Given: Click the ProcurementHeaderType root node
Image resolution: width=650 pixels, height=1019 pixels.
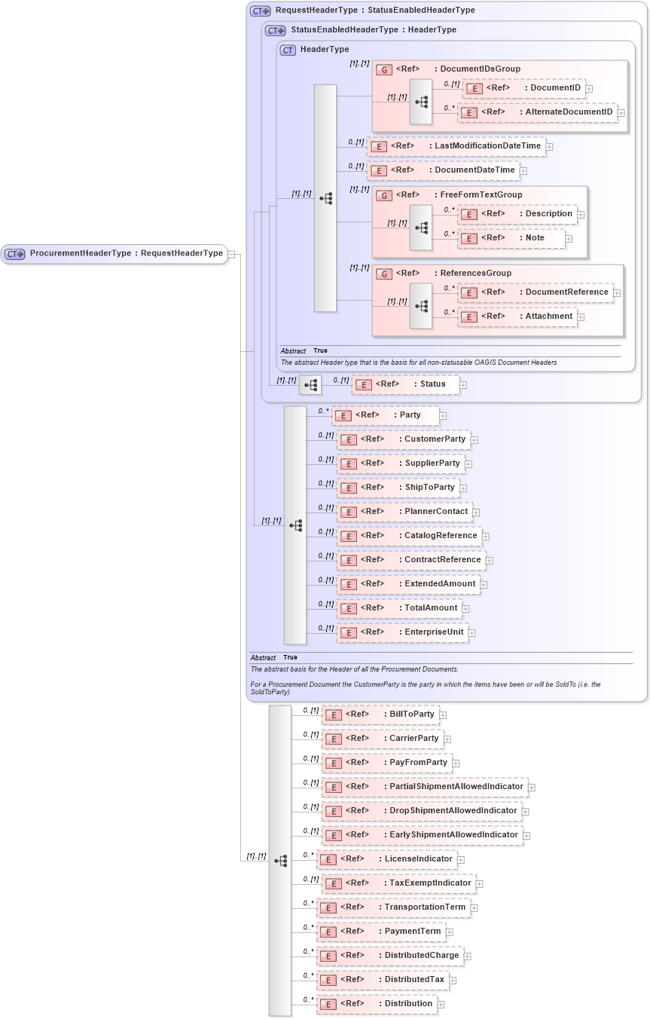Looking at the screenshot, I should point(114,253).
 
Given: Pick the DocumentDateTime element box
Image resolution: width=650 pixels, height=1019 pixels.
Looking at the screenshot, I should point(444,170).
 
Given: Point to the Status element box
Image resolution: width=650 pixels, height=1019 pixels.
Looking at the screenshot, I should point(406,384).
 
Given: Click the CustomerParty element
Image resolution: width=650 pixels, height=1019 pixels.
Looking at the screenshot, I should point(404,439).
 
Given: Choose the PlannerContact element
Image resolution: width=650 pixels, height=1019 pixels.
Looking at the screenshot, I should point(404,512).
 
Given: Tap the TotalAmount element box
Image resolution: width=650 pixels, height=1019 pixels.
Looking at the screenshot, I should point(400,608).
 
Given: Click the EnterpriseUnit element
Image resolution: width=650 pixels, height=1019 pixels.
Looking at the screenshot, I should point(403,632).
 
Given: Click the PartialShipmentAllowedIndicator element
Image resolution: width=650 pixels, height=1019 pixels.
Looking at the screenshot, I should point(425,787).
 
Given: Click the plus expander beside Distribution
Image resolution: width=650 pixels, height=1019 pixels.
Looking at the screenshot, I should point(441,1004).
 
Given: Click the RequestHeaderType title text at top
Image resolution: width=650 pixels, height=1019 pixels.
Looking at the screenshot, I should point(374,11).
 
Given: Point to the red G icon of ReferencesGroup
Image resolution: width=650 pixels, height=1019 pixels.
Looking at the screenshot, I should point(384,274).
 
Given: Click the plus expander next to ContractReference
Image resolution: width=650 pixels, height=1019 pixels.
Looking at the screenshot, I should point(490,560).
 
